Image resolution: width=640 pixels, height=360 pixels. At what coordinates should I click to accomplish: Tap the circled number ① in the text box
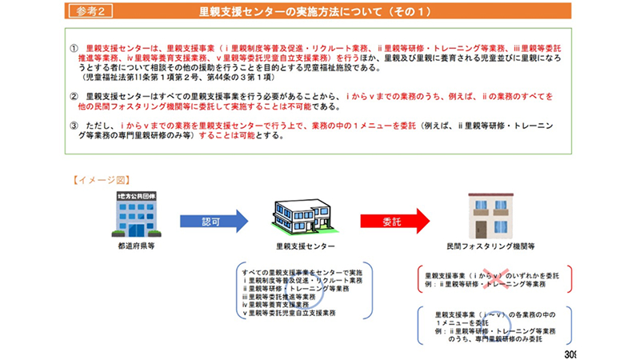click(74, 49)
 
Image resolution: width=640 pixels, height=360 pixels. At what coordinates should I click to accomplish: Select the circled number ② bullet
click(74, 96)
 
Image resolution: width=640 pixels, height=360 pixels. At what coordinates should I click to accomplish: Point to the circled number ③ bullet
click(74, 126)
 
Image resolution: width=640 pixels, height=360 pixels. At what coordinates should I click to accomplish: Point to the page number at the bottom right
click(569, 354)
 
